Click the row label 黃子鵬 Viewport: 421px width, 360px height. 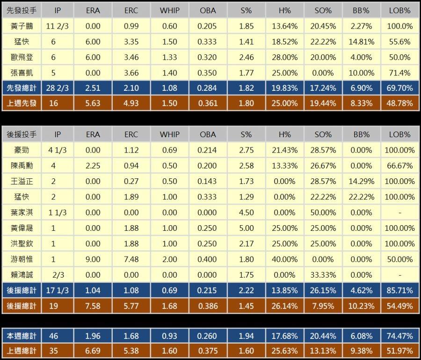click(22, 26)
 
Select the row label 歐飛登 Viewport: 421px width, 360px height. click(22, 57)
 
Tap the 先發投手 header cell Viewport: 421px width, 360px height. click(22, 10)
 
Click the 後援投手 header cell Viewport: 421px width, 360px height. click(22, 134)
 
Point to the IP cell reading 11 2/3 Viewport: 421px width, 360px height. click(58, 26)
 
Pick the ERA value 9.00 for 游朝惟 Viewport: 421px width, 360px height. click(93, 259)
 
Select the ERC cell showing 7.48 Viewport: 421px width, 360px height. click(131, 259)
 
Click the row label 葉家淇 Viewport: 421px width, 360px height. click(22, 212)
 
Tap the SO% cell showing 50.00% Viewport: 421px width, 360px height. click(323, 212)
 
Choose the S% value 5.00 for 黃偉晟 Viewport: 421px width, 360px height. click(247, 228)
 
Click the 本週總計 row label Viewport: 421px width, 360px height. click(22, 336)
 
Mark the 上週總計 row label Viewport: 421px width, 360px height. click(22, 351)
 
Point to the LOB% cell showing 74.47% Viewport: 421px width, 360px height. click(400, 336)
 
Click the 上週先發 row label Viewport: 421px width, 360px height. click(22, 103)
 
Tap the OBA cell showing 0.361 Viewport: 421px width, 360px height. click(208, 103)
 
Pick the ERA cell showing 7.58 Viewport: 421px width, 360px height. click(93, 306)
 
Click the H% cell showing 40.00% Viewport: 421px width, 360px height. click(285, 259)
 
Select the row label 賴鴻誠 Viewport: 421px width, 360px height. click(22, 275)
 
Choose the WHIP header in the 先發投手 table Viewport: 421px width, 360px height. click(169, 10)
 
